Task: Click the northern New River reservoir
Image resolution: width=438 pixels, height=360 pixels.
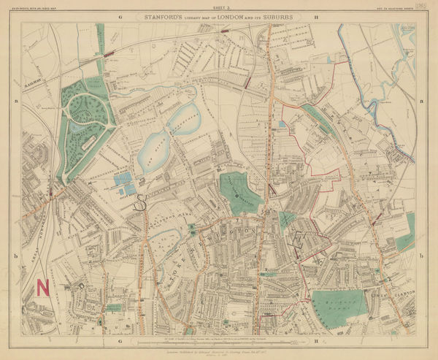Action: point(184,118)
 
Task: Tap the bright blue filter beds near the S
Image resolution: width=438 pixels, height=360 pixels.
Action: point(123,183)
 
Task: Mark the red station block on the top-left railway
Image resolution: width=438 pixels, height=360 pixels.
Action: point(110,54)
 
